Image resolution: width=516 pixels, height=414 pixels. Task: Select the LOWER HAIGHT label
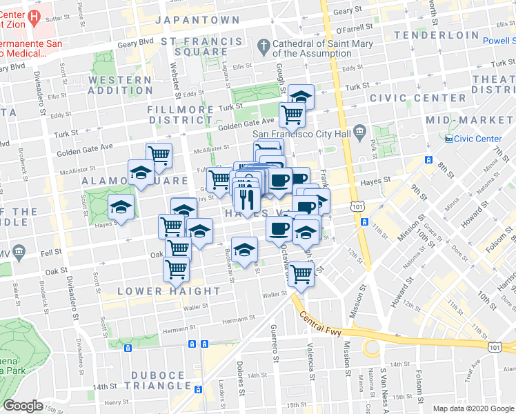[169, 291]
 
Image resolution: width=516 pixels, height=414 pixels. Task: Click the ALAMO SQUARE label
[135, 181]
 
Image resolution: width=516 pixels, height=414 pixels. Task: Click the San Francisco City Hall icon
[359, 131]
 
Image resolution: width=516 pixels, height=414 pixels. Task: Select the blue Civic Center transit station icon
[449, 139]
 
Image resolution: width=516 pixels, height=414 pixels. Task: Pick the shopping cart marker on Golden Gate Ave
[292, 115]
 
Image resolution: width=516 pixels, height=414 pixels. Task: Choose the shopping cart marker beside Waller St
[301, 275]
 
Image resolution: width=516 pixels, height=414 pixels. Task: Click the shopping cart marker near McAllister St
[159, 156]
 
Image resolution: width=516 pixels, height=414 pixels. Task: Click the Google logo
[23, 406]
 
